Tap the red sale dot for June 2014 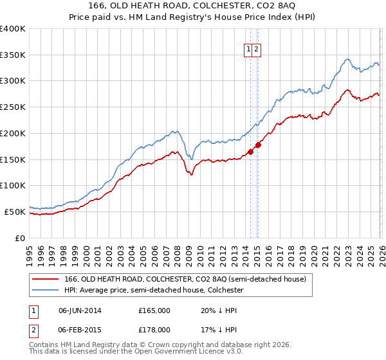(x=250, y=151)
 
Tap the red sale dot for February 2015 (x=258, y=145)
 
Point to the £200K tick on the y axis (x=13, y=133)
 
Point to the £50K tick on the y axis (x=15, y=212)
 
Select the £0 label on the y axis (x=20, y=238)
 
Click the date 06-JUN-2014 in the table (x=80, y=310)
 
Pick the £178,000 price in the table (x=154, y=329)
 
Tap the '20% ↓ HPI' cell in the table (x=219, y=310)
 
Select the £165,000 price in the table (x=154, y=310)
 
